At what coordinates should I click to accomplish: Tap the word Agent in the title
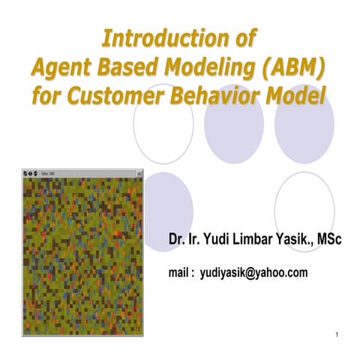[x=59, y=67]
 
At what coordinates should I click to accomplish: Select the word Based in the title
[x=123, y=67]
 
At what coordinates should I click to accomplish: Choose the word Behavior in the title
[x=223, y=96]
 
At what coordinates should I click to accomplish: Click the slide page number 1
[x=338, y=334]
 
